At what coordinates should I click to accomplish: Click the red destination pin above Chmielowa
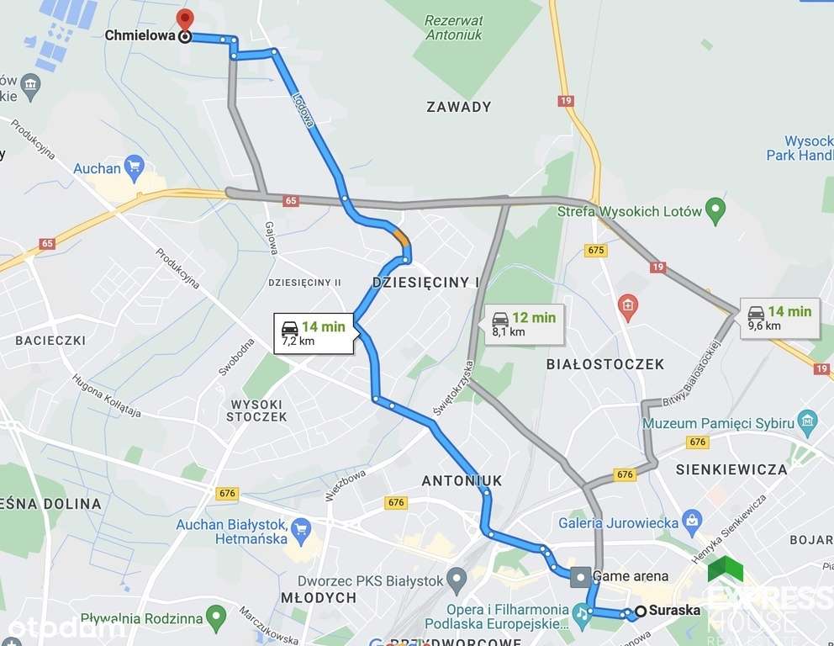(x=185, y=19)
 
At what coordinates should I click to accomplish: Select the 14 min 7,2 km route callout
(x=313, y=333)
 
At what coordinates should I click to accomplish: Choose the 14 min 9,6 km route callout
(x=780, y=318)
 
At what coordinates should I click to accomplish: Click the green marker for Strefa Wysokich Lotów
(x=715, y=210)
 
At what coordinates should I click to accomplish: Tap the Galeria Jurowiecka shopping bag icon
(x=692, y=522)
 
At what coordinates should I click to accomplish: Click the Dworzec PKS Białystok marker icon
(x=457, y=580)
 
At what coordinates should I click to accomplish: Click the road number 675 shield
(x=596, y=250)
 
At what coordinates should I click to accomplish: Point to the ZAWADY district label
(x=458, y=107)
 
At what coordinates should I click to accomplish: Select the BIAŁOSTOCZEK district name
(x=604, y=364)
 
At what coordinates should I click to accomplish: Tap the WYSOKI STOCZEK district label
(x=258, y=410)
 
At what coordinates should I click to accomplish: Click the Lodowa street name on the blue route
(x=304, y=109)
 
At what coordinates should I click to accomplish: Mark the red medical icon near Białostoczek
(x=627, y=307)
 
